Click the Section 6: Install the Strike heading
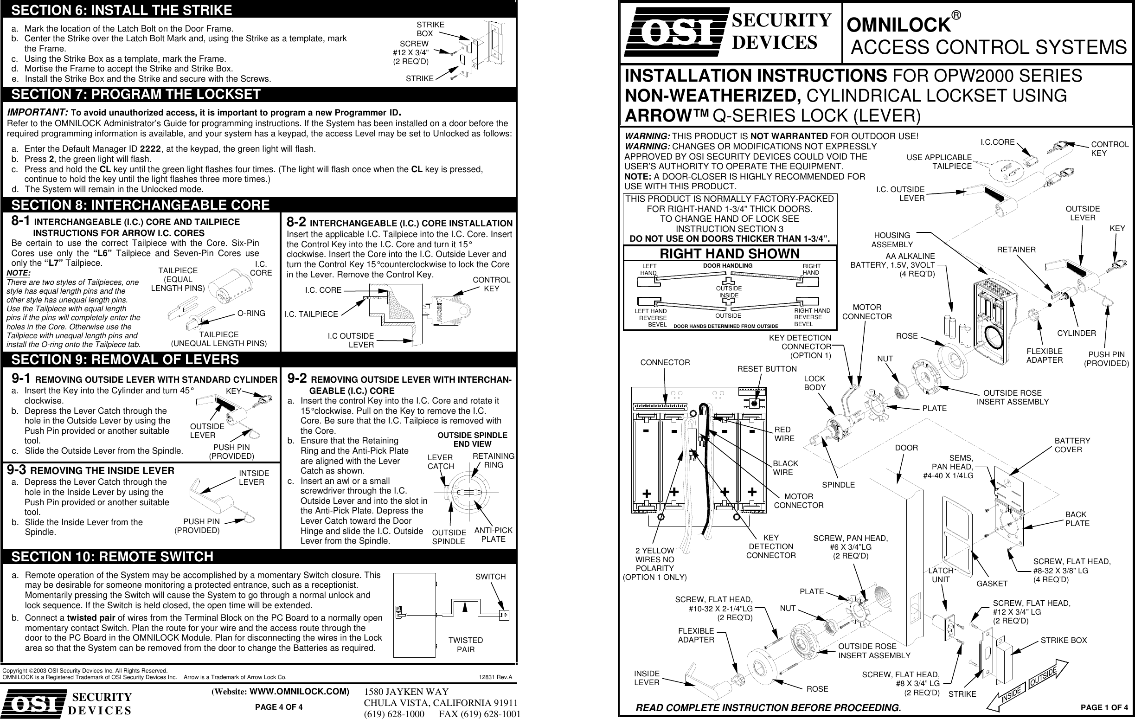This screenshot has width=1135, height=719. click(x=122, y=10)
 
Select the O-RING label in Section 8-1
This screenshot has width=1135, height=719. click(x=251, y=314)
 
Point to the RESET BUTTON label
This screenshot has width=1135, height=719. click(x=767, y=369)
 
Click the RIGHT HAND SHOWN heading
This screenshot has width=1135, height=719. click(x=729, y=254)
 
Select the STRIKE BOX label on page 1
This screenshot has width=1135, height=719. click(x=1064, y=640)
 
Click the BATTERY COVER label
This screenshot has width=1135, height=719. click(x=1072, y=445)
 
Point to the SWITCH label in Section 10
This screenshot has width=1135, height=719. click(x=490, y=577)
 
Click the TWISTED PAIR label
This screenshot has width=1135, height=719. click(x=465, y=644)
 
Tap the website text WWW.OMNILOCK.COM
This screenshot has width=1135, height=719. click(x=299, y=692)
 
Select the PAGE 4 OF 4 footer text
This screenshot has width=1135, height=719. click(x=279, y=707)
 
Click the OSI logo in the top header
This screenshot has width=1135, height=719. click(x=675, y=32)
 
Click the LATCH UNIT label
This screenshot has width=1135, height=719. click(x=941, y=575)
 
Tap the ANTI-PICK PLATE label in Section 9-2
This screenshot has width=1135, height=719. click(x=493, y=535)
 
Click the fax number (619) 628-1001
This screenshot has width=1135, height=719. click(x=479, y=714)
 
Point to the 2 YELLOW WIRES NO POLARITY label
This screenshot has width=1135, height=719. click(x=654, y=564)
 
